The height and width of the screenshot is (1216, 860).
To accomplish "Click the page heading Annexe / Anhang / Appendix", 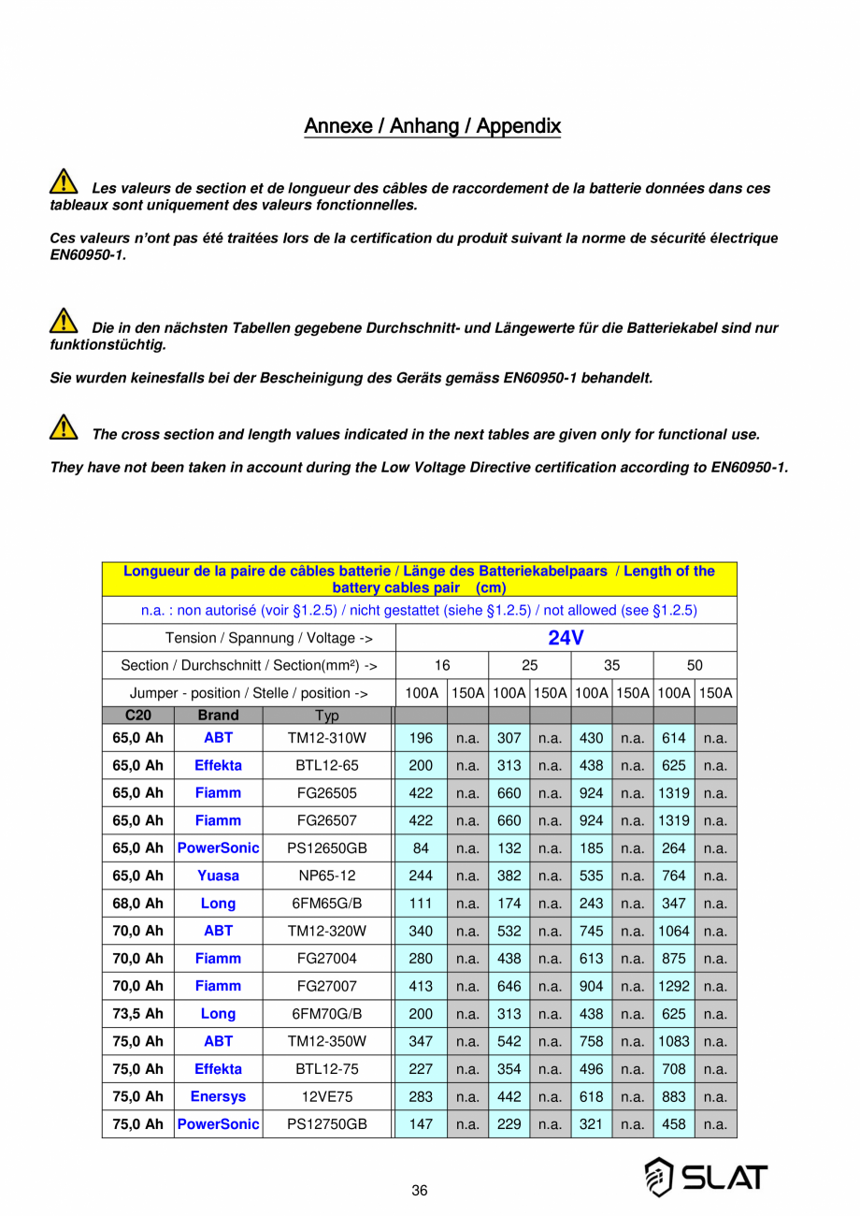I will [x=432, y=125].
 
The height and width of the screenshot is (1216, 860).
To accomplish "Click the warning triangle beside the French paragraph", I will [x=63, y=181].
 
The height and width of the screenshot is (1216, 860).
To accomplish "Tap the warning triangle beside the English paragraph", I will [x=63, y=427].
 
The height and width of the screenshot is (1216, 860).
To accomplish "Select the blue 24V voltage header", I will [x=566, y=638].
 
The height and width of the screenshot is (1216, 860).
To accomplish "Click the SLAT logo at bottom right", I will [x=706, y=1177].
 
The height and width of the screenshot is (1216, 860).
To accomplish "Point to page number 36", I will [x=420, y=1191].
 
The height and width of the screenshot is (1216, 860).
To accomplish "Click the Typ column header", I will [x=326, y=716].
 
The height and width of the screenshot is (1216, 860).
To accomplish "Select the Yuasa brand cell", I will [x=218, y=876].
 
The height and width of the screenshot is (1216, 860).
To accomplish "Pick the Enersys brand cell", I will [x=218, y=1096].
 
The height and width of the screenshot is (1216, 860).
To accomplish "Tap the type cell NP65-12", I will [x=326, y=876].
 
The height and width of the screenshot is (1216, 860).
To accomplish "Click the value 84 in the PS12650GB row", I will [x=421, y=848].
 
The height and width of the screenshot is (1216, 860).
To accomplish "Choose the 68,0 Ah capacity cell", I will [x=137, y=904].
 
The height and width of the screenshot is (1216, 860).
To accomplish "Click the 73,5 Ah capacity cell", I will [x=137, y=1014].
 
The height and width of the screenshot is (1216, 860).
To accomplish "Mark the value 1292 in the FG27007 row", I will [x=673, y=986].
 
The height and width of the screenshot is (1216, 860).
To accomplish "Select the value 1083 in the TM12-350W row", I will [x=673, y=1041].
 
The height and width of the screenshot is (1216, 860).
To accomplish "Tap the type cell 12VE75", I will [x=326, y=1096].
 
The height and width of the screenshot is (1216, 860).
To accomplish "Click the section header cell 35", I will [x=611, y=666].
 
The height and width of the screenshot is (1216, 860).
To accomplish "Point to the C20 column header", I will [x=137, y=716].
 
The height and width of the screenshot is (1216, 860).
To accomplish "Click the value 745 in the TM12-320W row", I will [x=591, y=931].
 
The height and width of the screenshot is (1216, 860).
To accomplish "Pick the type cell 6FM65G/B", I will [x=326, y=904].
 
